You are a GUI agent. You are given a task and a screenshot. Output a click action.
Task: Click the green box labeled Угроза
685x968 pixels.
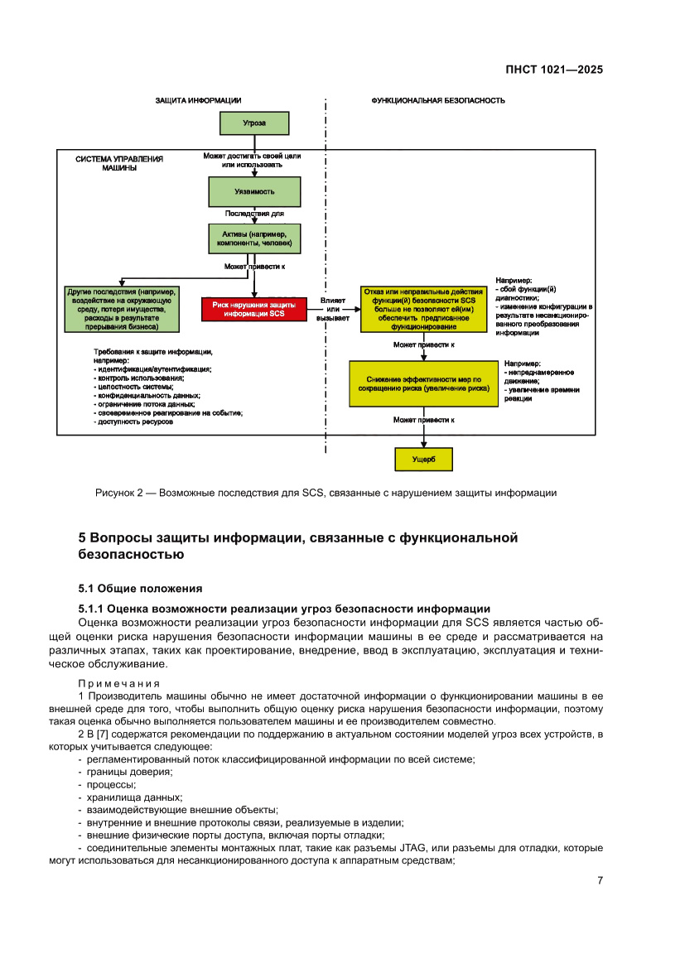254,123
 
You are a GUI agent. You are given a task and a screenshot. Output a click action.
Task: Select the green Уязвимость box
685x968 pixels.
254,191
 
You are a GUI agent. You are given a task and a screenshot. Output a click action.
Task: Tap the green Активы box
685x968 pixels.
254,239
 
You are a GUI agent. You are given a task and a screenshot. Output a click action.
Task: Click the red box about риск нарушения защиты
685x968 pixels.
254,309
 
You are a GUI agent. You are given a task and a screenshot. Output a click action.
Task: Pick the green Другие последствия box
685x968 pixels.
123,309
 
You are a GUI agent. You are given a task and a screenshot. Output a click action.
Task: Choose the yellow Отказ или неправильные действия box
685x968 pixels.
422,309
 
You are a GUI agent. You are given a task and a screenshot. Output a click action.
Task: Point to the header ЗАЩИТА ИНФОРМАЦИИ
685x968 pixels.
198,100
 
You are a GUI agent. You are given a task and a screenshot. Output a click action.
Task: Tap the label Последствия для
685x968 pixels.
254,214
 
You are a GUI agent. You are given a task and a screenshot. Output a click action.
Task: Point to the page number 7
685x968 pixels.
600,880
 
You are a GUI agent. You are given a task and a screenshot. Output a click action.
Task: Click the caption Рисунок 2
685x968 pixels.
326,494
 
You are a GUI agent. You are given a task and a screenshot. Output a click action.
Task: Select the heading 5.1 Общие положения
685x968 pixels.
140,589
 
